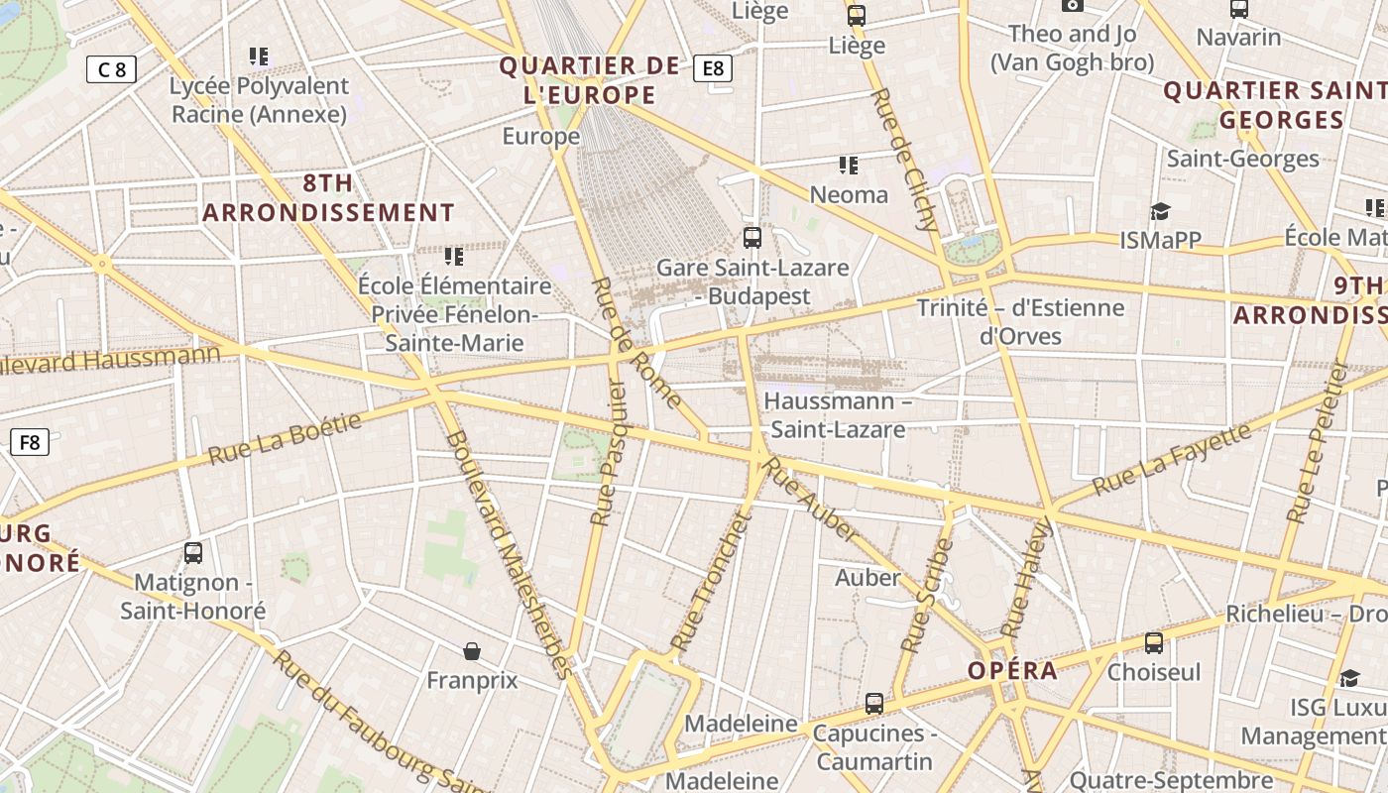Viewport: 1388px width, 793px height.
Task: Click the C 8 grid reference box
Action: click(111, 69)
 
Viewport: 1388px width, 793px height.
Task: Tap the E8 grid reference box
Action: click(713, 68)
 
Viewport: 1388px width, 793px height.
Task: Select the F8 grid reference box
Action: click(30, 442)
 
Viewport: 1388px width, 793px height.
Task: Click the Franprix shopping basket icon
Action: click(472, 651)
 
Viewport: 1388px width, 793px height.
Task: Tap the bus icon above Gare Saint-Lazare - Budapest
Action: click(752, 238)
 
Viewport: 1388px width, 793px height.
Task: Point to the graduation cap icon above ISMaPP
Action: click(1160, 211)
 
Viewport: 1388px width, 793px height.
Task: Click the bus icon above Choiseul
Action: click(1153, 642)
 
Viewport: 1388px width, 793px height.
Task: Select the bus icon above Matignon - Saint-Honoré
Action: click(193, 552)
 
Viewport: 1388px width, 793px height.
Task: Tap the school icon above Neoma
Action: click(849, 165)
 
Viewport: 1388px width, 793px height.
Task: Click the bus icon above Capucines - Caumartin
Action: click(873, 703)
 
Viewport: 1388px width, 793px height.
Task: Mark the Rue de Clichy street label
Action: click(903, 160)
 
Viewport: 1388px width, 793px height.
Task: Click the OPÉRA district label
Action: click(1012, 671)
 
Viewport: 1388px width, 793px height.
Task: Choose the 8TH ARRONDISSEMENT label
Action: click(328, 198)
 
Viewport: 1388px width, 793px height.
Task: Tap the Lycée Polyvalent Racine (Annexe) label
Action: click(259, 100)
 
